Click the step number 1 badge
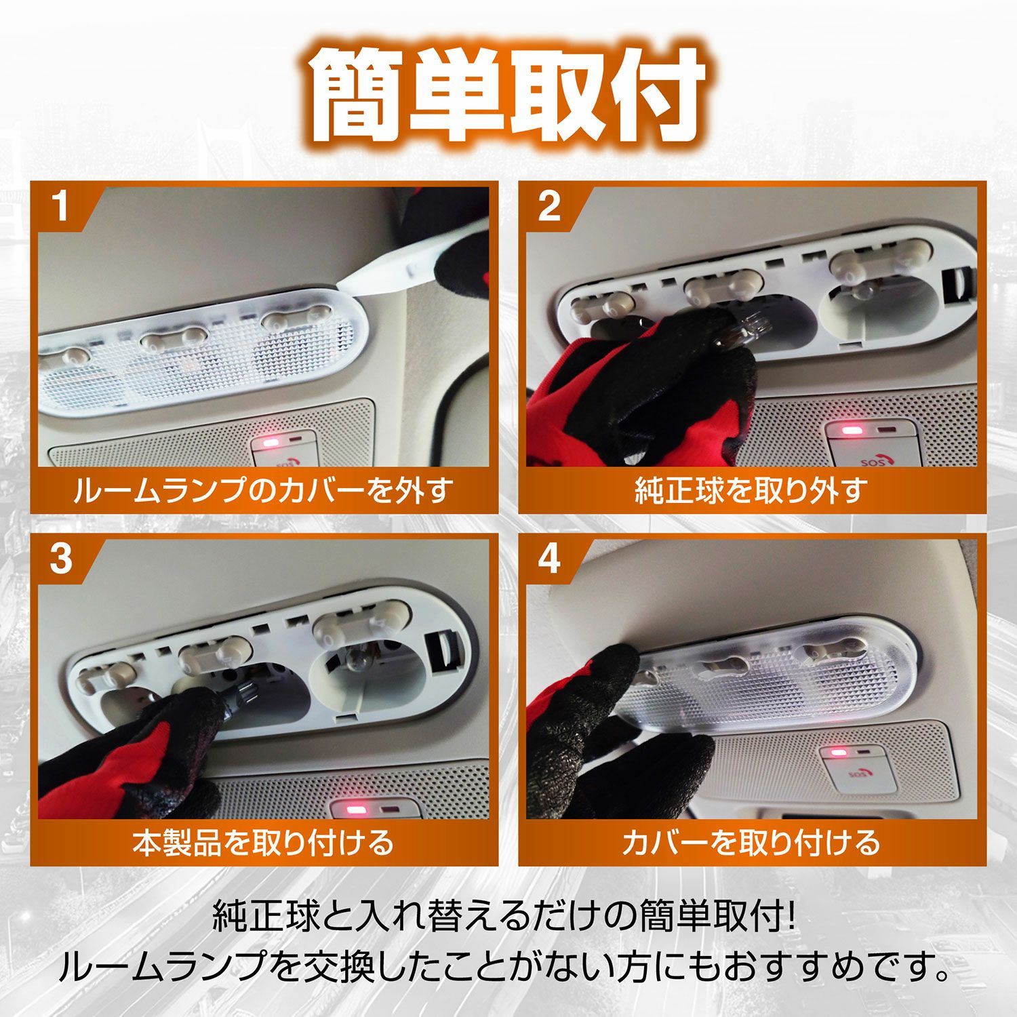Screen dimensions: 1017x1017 [62, 206]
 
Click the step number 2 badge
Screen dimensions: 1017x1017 [549, 206]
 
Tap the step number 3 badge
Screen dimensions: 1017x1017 [62, 559]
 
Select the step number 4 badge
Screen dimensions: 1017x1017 [549, 559]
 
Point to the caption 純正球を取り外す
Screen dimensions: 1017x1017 [751, 490]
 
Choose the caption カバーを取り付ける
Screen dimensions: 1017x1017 [751, 842]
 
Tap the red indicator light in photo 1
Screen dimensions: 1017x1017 [271, 443]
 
